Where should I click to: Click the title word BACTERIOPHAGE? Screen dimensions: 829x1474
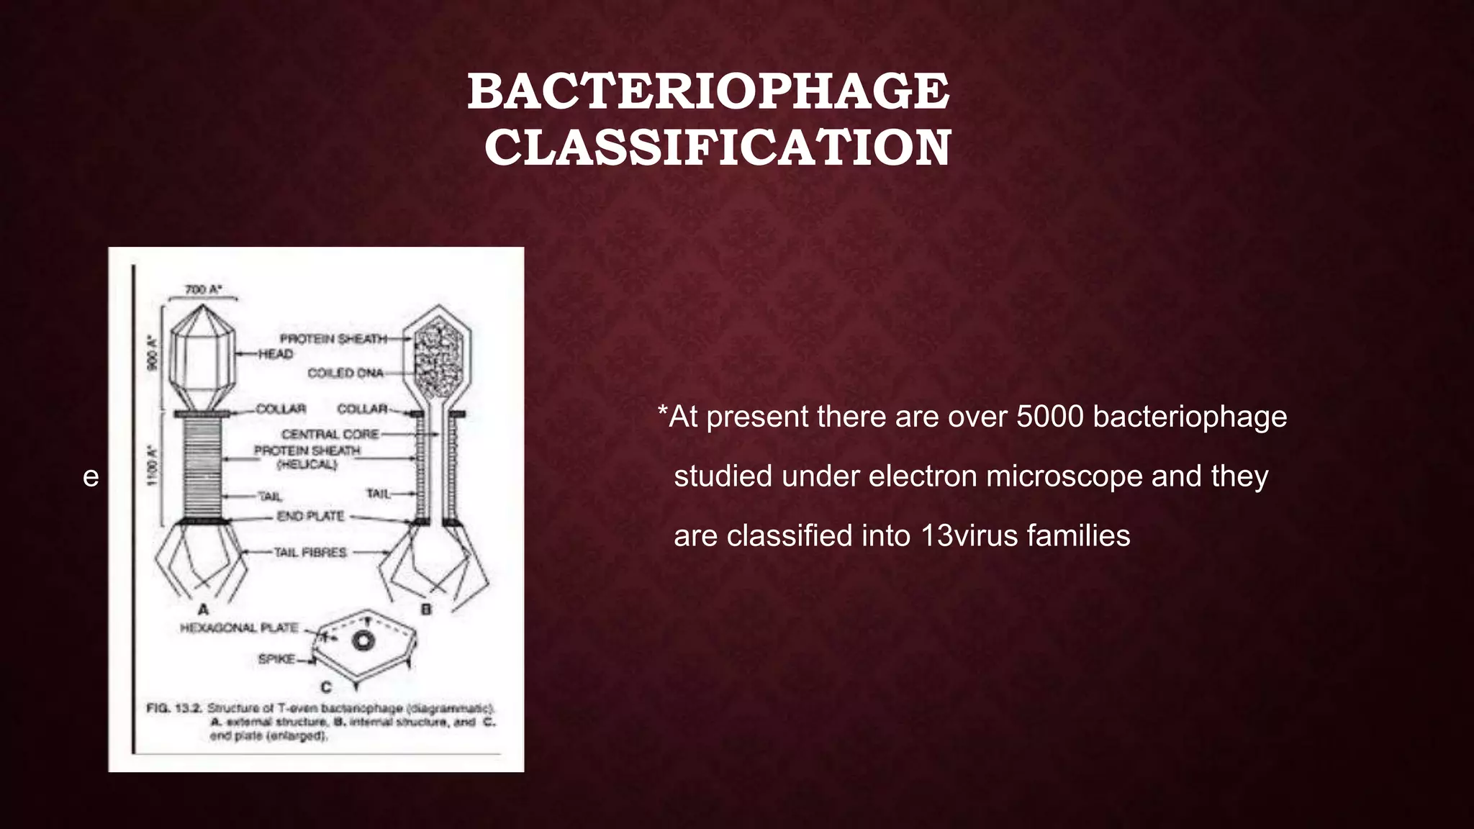[x=708, y=92]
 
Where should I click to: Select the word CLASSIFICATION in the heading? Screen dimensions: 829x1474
[x=718, y=148]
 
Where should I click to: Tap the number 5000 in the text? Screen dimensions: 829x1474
[x=1049, y=417]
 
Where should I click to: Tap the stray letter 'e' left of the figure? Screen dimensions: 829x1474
[x=91, y=477]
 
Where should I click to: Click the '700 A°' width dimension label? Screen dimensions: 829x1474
[x=204, y=289]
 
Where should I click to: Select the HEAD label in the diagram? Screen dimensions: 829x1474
[x=276, y=354]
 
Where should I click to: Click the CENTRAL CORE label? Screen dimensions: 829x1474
[x=330, y=434]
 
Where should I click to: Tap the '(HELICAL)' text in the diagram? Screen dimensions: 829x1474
[x=307, y=464]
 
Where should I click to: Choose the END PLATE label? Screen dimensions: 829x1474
[x=310, y=516]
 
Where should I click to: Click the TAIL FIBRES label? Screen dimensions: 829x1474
[x=310, y=553]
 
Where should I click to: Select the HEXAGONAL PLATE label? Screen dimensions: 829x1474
[x=239, y=628]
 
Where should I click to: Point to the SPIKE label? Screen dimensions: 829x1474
[x=276, y=658]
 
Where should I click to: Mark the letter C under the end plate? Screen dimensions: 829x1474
[x=326, y=687]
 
